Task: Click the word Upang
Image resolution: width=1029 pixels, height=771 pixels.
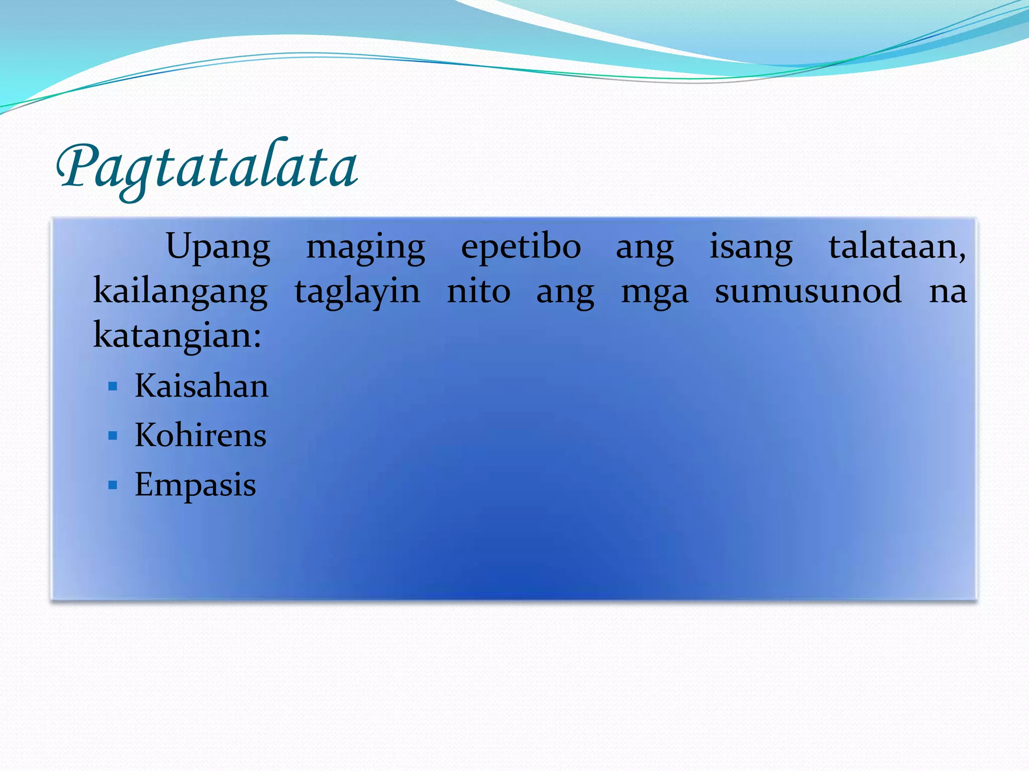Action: pyautogui.click(x=218, y=247)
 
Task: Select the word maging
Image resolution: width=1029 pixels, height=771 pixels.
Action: pyautogui.click(x=366, y=247)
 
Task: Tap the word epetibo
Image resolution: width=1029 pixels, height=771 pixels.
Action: pyautogui.click(x=521, y=247)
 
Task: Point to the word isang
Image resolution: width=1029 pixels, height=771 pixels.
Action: pyautogui.click(x=751, y=247)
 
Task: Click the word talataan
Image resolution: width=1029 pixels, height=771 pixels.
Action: pyautogui.click(x=896, y=247)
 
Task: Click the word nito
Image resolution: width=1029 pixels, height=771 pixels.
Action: pyautogui.click(x=478, y=291)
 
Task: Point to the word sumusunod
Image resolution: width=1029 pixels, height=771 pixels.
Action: pyautogui.click(x=808, y=291)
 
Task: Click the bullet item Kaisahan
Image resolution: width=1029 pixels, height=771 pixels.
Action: pyautogui.click(x=201, y=386)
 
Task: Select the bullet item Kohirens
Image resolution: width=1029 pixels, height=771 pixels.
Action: pyautogui.click(x=200, y=435)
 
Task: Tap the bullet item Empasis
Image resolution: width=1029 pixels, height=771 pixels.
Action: pyautogui.click(x=195, y=485)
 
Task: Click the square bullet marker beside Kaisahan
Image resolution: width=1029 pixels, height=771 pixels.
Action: pyautogui.click(x=113, y=387)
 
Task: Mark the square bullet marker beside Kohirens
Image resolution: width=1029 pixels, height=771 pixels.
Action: pyautogui.click(x=113, y=436)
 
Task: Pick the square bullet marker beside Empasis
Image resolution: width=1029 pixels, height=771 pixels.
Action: pyautogui.click(x=113, y=485)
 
